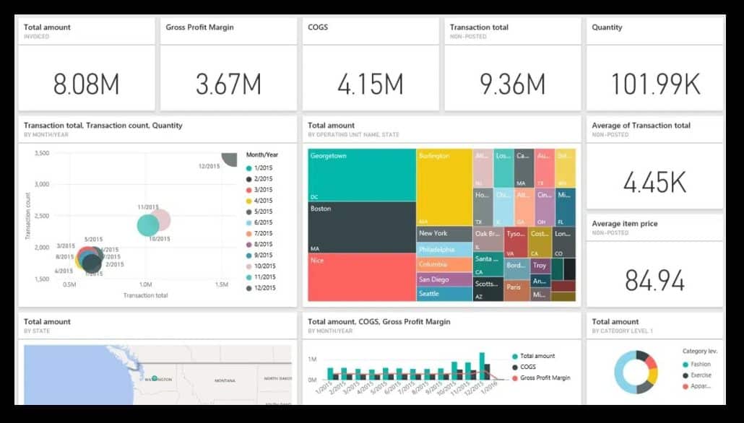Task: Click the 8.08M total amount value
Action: (86, 84)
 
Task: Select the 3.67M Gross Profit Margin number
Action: (228, 84)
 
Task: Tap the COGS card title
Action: (318, 27)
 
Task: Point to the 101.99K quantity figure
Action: (655, 84)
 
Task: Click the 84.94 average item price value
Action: (654, 281)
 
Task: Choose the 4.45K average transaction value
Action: (654, 183)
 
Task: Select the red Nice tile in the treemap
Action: (361, 278)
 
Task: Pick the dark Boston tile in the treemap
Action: (361, 227)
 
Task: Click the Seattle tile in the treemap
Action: (444, 294)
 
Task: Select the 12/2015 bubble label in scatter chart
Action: (209, 167)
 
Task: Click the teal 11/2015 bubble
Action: (148, 225)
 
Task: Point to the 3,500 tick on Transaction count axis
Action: (41, 153)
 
